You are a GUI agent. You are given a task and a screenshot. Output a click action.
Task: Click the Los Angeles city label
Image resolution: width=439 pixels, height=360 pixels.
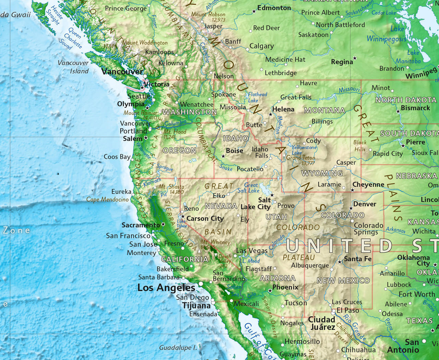166,288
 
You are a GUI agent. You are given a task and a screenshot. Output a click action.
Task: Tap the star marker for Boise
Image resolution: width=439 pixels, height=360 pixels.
223,156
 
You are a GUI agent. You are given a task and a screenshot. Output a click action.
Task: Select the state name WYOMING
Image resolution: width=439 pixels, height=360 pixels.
322,173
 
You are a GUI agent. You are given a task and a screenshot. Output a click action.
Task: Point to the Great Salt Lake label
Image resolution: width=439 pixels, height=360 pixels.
249,188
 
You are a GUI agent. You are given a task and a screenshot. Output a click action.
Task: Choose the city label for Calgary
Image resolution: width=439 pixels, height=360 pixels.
261,46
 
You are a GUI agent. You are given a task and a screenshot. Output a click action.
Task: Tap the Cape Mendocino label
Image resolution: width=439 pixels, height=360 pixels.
107,199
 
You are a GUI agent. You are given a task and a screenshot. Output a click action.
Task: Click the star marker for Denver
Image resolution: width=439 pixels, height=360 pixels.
351,208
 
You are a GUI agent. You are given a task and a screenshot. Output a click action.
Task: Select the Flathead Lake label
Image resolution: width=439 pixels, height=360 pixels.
257,97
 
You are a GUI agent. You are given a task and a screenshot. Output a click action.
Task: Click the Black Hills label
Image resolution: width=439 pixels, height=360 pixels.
360,146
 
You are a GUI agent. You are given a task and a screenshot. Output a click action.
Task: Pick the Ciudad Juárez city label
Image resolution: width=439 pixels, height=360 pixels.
322,323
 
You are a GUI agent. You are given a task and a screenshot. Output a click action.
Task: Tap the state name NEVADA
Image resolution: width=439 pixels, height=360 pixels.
221,206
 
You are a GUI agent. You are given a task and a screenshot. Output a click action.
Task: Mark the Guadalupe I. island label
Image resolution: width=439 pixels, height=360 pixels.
178,348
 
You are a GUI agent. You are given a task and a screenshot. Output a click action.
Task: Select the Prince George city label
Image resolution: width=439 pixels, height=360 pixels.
126,8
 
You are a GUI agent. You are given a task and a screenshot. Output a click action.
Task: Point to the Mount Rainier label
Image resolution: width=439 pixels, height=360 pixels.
140,113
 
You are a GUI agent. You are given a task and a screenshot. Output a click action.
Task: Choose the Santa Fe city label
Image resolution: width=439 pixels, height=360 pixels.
358,259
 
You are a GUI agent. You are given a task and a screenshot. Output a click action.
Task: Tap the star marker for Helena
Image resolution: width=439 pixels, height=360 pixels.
270,114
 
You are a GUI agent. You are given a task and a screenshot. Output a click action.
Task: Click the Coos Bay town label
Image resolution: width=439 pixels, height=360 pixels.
117,157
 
